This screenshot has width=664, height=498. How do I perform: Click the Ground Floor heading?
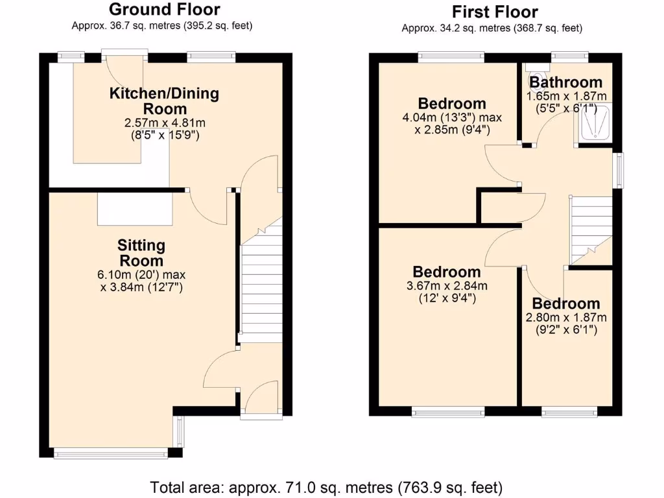point(164,10)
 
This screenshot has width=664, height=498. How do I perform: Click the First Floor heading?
point(495,12)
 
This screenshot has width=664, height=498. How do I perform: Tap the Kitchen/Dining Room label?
point(164,101)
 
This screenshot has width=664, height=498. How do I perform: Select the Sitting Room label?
point(141,253)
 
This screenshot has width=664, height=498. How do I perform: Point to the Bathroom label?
point(565,82)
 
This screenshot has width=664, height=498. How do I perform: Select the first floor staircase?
point(590,227)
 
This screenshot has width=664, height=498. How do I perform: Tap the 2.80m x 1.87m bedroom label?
point(566,304)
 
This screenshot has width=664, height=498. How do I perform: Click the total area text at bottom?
point(326,486)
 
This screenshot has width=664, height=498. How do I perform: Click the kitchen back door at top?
point(124,54)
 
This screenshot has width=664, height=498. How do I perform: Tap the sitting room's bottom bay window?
point(111,453)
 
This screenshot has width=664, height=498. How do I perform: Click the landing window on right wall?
point(617,171)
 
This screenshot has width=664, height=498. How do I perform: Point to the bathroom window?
point(569,57)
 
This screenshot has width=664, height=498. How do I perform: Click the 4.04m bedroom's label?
point(452,104)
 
